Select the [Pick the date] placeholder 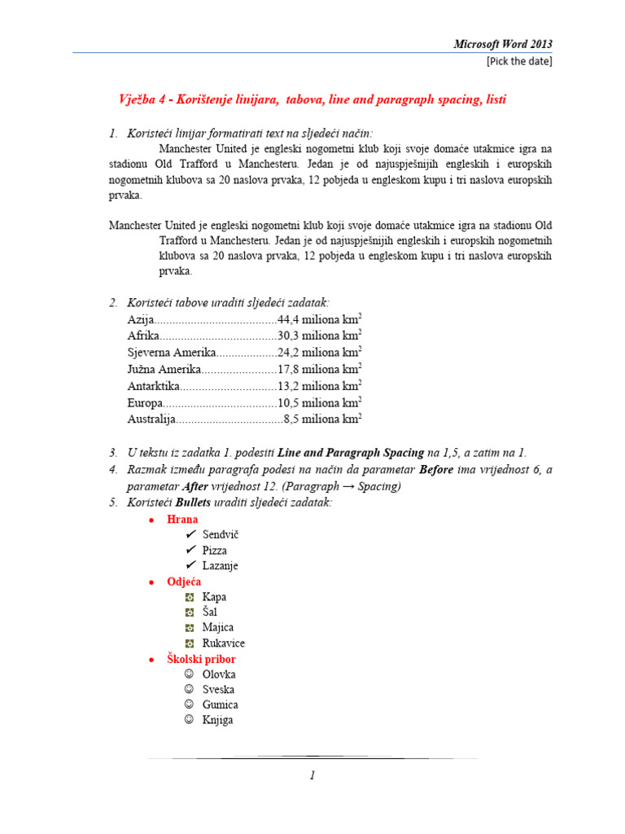(518, 61)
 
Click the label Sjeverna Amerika (172, 352)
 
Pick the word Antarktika (153, 386)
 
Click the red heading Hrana (182, 519)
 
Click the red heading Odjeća (184, 582)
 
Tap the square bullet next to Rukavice (190, 643)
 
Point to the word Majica (218, 627)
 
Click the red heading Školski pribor (201, 658)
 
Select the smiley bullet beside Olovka (190, 674)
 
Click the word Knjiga (217, 720)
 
